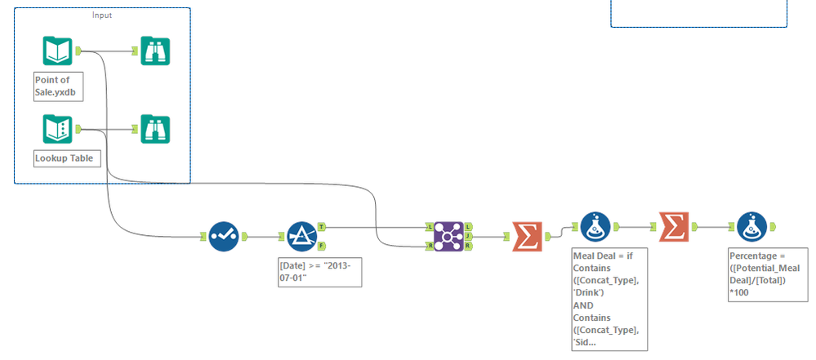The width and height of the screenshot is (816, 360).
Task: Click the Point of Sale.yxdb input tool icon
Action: pos(57,51)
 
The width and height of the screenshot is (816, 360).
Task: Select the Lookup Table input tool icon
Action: pos(57,129)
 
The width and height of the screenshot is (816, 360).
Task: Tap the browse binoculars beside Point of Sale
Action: pos(154,51)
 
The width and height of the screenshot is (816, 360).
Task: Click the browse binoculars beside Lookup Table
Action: pos(154,129)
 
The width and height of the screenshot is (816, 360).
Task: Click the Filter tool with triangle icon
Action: pos(301,236)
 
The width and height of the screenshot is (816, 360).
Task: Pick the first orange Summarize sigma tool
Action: pos(525,236)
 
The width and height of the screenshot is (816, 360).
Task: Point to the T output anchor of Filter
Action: pos(322,227)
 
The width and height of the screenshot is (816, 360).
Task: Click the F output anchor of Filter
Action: pos(322,245)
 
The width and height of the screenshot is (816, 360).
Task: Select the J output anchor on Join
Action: pos(468,236)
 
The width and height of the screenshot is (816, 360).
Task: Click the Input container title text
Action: pos(102,15)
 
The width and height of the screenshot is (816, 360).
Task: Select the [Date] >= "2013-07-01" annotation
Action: pos(319,271)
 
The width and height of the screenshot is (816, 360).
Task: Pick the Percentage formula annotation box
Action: pos(765,274)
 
